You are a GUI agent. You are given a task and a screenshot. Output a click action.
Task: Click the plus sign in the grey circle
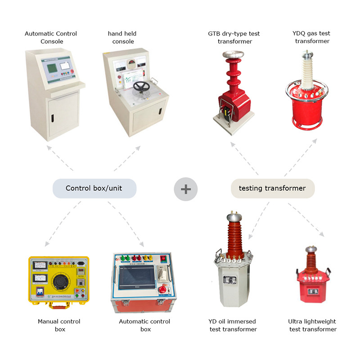click(186, 189)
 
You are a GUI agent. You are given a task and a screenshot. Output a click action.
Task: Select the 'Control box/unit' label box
click(94, 189)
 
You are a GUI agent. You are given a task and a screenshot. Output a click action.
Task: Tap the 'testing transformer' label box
click(273, 189)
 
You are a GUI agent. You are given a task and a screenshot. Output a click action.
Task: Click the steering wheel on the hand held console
click(142, 86)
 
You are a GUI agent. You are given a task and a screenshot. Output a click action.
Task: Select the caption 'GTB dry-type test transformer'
click(234, 37)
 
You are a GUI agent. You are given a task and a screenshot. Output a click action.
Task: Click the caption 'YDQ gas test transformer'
click(312, 37)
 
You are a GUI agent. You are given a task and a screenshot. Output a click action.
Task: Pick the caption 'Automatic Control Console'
click(51, 37)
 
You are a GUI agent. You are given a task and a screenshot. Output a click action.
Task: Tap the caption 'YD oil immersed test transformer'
click(233, 325)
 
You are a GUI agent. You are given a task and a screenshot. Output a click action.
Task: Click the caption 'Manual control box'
click(59, 325)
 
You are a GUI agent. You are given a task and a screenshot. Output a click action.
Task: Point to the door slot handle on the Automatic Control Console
click(52, 118)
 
